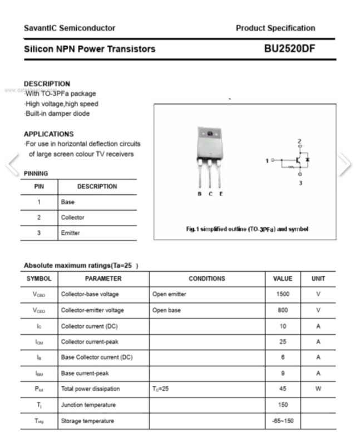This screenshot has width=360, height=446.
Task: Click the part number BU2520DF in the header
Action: coord(289,49)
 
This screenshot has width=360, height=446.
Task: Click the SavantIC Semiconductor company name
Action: coord(70,28)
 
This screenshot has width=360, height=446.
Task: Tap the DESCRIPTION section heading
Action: coord(47,84)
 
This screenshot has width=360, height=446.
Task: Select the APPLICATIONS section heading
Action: coord(48,134)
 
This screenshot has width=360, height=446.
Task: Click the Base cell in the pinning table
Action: coord(67,202)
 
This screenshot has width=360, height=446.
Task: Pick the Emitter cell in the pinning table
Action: coord(70,233)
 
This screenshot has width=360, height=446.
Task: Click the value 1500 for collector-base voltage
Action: coord(283,294)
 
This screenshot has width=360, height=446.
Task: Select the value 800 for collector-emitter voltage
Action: coord(283,310)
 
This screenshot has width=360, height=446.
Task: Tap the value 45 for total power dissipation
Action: coord(283,389)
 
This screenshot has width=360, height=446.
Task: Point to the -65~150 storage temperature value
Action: coord(283,421)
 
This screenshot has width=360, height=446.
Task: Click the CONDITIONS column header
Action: coord(207,278)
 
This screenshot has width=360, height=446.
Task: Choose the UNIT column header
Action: coord(318,278)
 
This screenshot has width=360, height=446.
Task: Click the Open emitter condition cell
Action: coord(169,294)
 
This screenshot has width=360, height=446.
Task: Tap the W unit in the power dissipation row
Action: coord(318,389)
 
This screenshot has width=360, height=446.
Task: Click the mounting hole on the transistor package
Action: coord(210,134)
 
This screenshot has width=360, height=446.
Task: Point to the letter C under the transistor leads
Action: coord(210,194)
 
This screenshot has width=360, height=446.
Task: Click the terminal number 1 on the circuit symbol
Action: coord(267,160)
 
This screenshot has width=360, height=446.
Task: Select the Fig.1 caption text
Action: coord(246,229)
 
